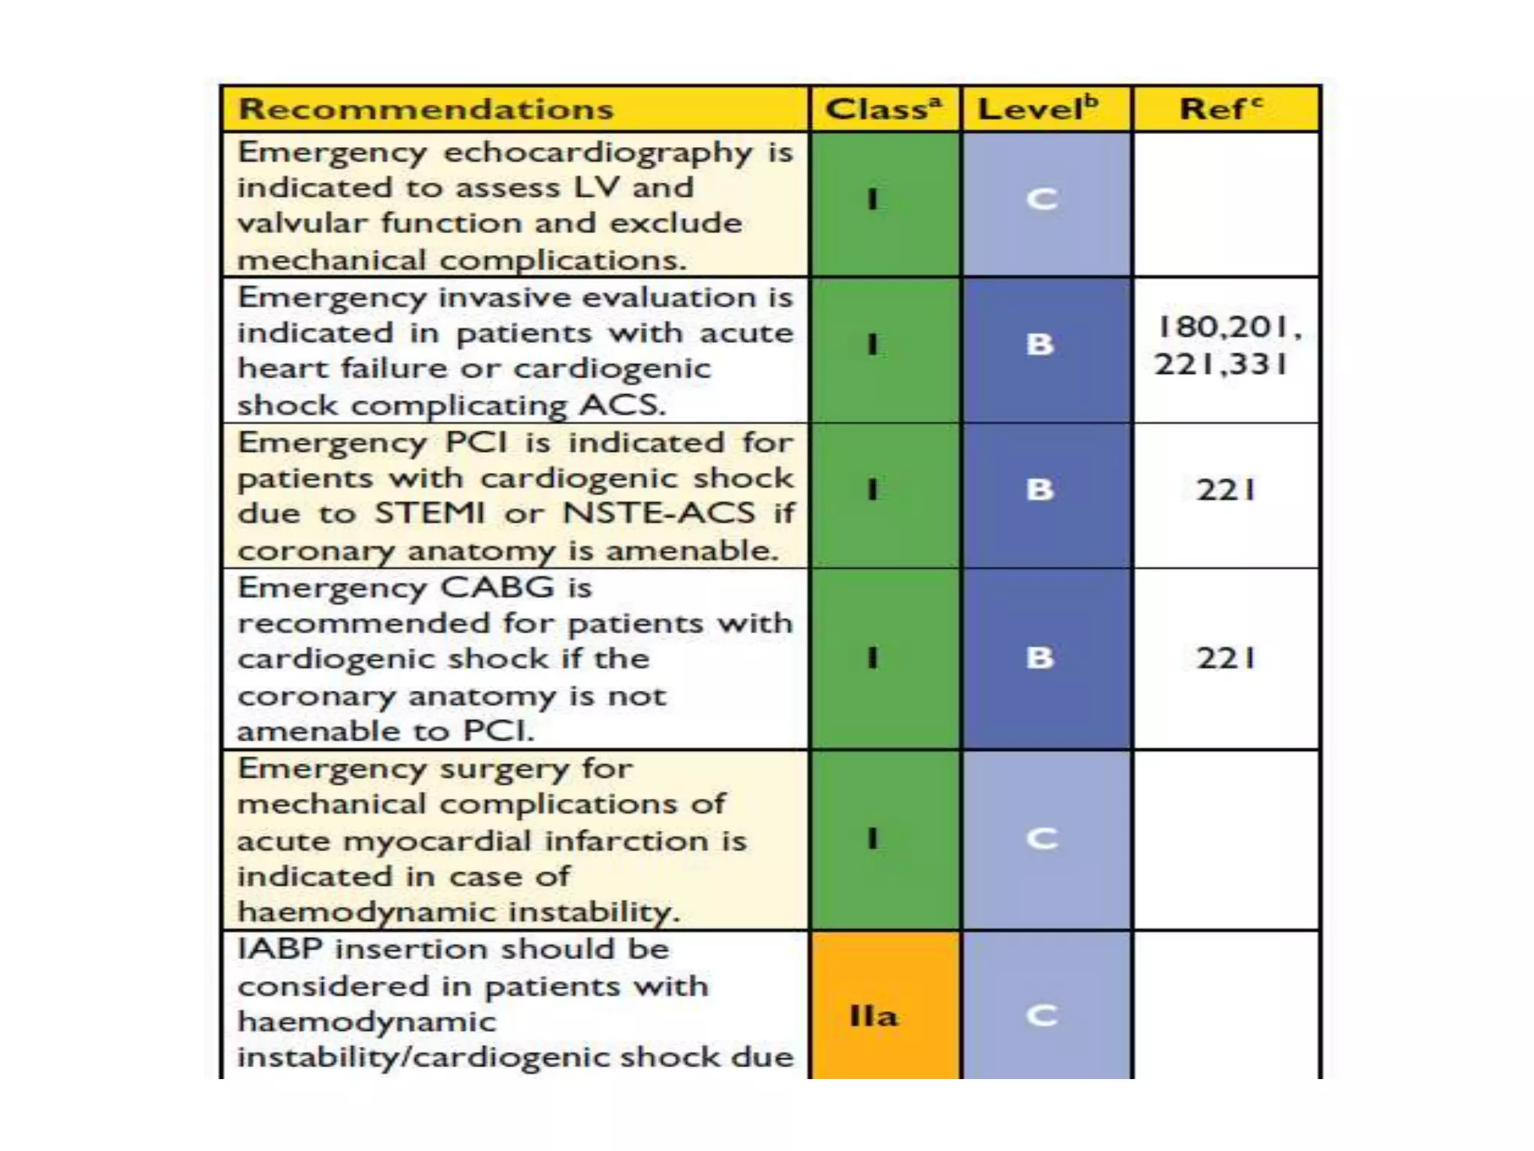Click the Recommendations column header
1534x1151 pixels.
425,109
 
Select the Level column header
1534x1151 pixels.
1038,109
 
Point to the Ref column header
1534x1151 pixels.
1220,109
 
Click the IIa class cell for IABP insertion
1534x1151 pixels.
873,1016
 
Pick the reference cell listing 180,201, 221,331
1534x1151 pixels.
1226,346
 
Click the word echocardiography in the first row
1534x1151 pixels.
598,153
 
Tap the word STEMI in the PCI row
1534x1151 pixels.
430,513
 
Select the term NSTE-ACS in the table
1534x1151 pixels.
658,513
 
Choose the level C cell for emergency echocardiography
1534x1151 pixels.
1042,200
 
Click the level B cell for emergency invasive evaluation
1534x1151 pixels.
1040,345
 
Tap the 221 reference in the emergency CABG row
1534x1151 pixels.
1225,659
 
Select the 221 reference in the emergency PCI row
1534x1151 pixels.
1225,490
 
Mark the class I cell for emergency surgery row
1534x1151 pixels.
873,839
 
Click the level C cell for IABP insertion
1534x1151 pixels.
1042,1016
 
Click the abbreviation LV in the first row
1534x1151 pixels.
595,187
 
